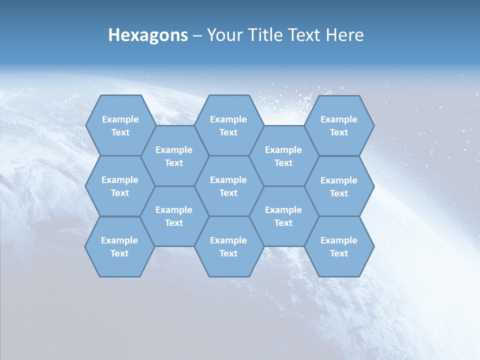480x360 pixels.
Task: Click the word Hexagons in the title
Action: click(x=148, y=35)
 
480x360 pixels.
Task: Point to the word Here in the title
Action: click(x=344, y=35)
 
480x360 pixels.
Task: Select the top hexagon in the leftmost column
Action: click(x=120, y=125)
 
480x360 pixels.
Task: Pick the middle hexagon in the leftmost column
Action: click(x=120, y=186)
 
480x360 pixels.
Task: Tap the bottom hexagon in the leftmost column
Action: click(x=119, y=246)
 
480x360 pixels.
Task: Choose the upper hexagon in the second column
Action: click(x=174, y=156)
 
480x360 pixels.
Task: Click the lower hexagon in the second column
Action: click(x=174, y=216)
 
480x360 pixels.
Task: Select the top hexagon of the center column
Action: click(x=228, y=125)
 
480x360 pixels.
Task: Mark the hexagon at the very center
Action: click(x=228, y=186)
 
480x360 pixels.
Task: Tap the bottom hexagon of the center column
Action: click(x=228, y=246)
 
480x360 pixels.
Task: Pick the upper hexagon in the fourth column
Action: click(x=283, y=156)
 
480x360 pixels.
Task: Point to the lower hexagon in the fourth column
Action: click(x=283, y=216)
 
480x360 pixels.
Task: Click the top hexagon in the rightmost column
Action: click(x=339, y=125)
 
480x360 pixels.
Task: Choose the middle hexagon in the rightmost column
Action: click(x=339, y=186)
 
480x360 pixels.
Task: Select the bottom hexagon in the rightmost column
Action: click(x=339, y=246)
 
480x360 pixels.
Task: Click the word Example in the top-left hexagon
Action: click(x=120, y=119)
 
